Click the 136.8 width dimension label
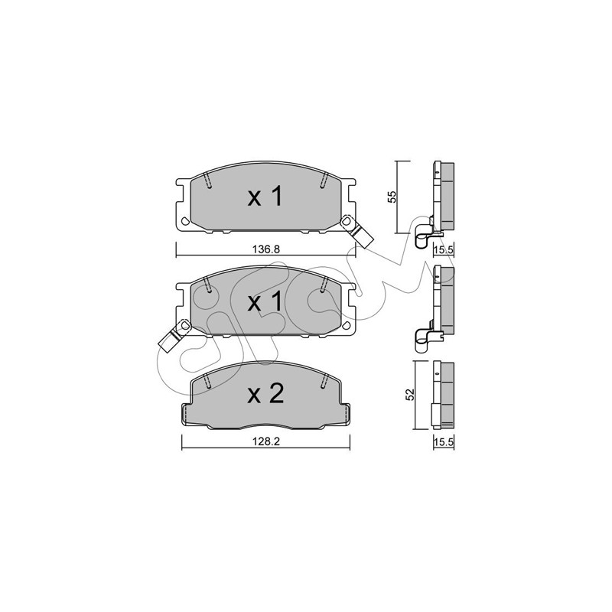tap(266, 249)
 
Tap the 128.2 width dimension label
tap(266, 441)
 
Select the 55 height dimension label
tap(393, 197)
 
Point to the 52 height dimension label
tap(410, 395)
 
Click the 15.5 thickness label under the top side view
tap(444, 250)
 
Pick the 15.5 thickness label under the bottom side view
tap(444, 442)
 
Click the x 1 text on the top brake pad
tap(265, 197)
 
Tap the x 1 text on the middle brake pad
tap(265, 302)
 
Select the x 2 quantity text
tap(265, 394)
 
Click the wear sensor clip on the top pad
tap(356, 232)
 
